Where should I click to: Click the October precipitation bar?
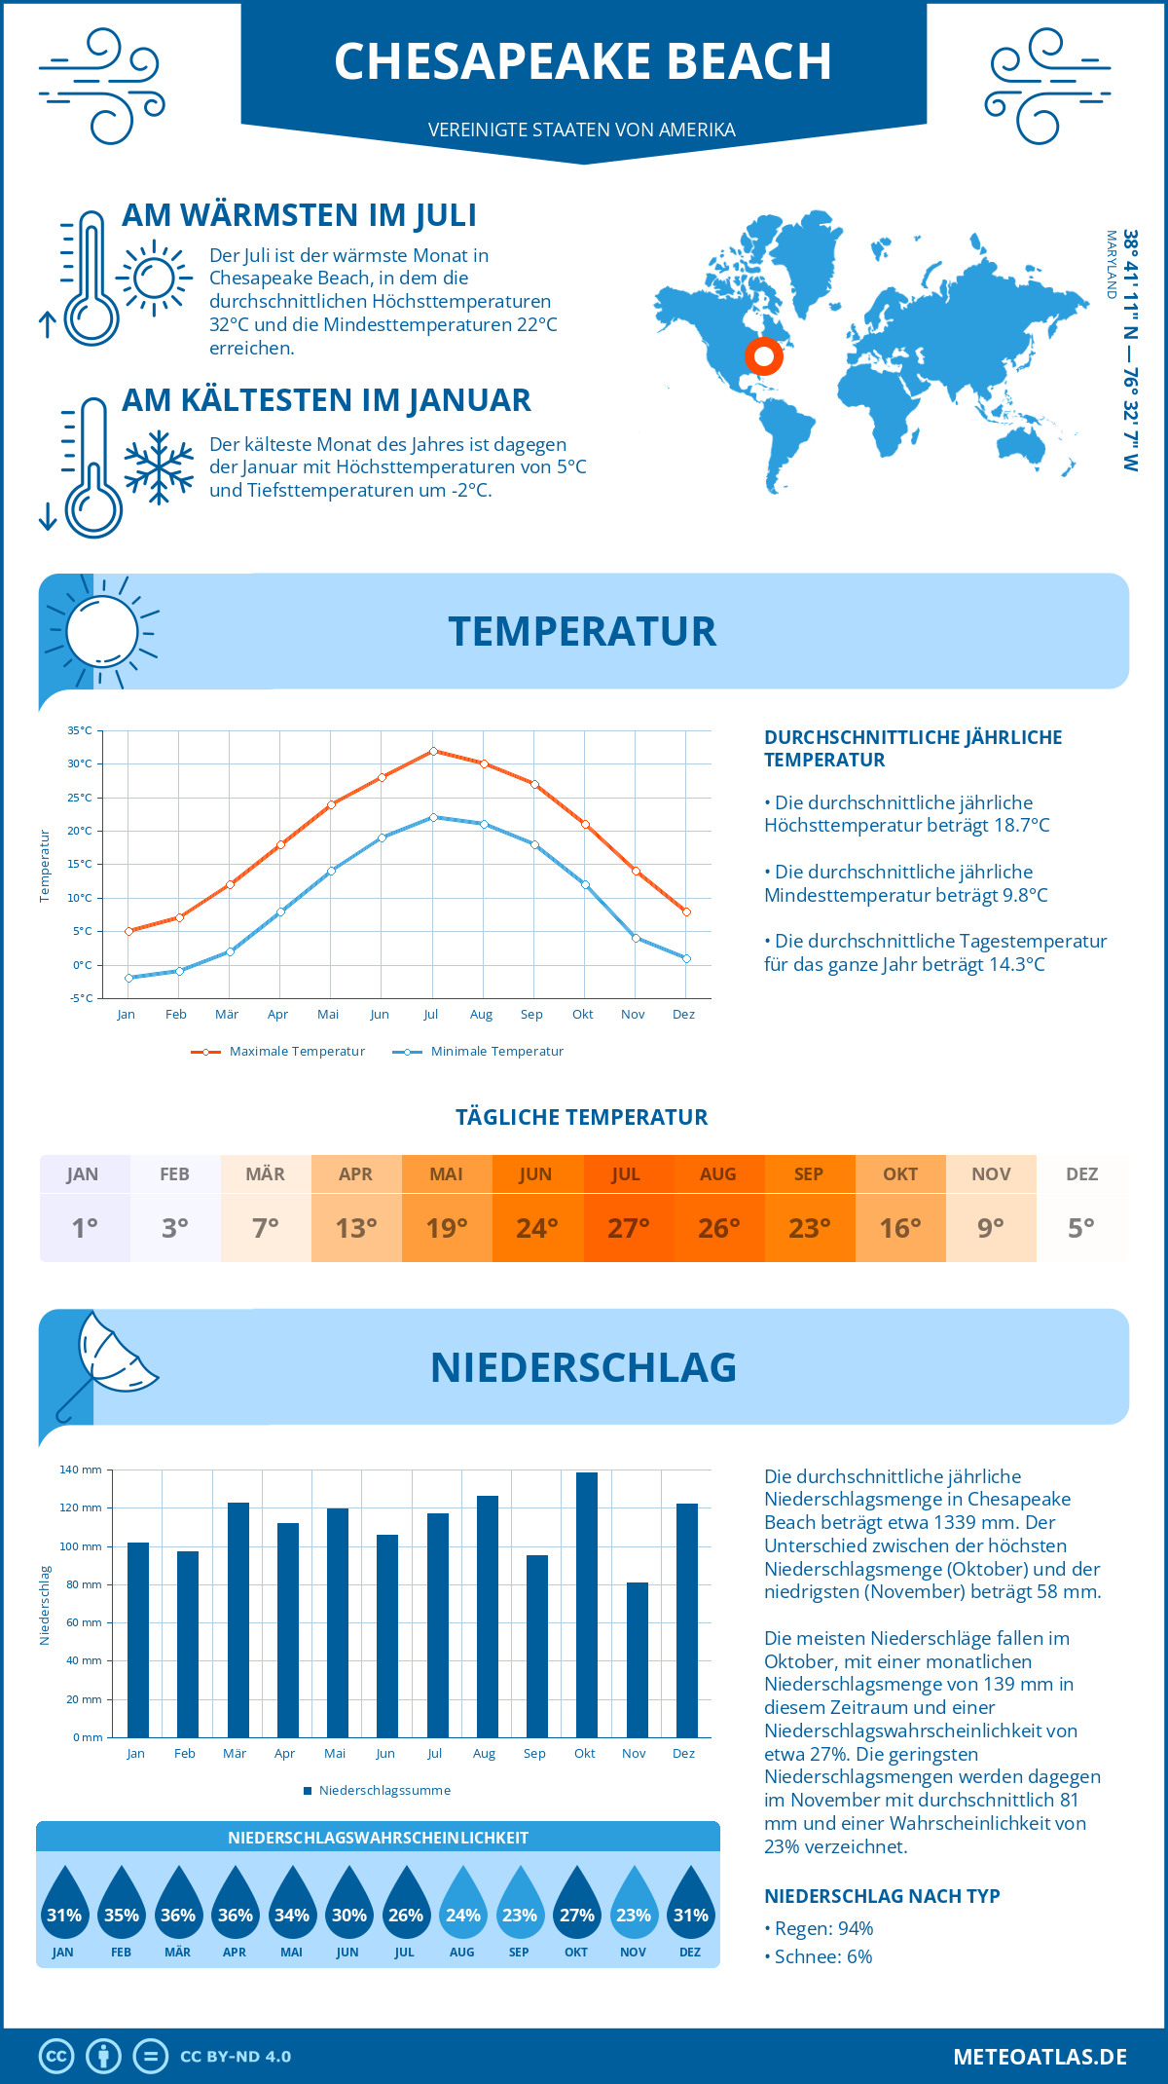pos(586,1605)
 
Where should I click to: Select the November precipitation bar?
pos(637,1659)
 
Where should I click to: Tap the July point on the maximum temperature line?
pos(433,751)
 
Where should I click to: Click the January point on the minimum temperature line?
pos(128,978)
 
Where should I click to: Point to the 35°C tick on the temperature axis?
pos(80,730)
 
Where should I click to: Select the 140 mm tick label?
pos(81,1470)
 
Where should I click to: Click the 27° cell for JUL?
pos(628,1228)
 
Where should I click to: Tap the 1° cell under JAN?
pos(85,1228)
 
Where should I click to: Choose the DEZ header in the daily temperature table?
pos(1081,1174)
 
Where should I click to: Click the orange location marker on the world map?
pos(764,356)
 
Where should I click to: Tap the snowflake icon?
pos(159,467)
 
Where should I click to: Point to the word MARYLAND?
pos(1111,264)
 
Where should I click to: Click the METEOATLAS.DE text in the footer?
pos(1040,2057)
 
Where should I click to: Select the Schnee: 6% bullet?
pos(819,1957)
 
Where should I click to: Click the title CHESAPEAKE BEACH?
pos(583,61)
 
